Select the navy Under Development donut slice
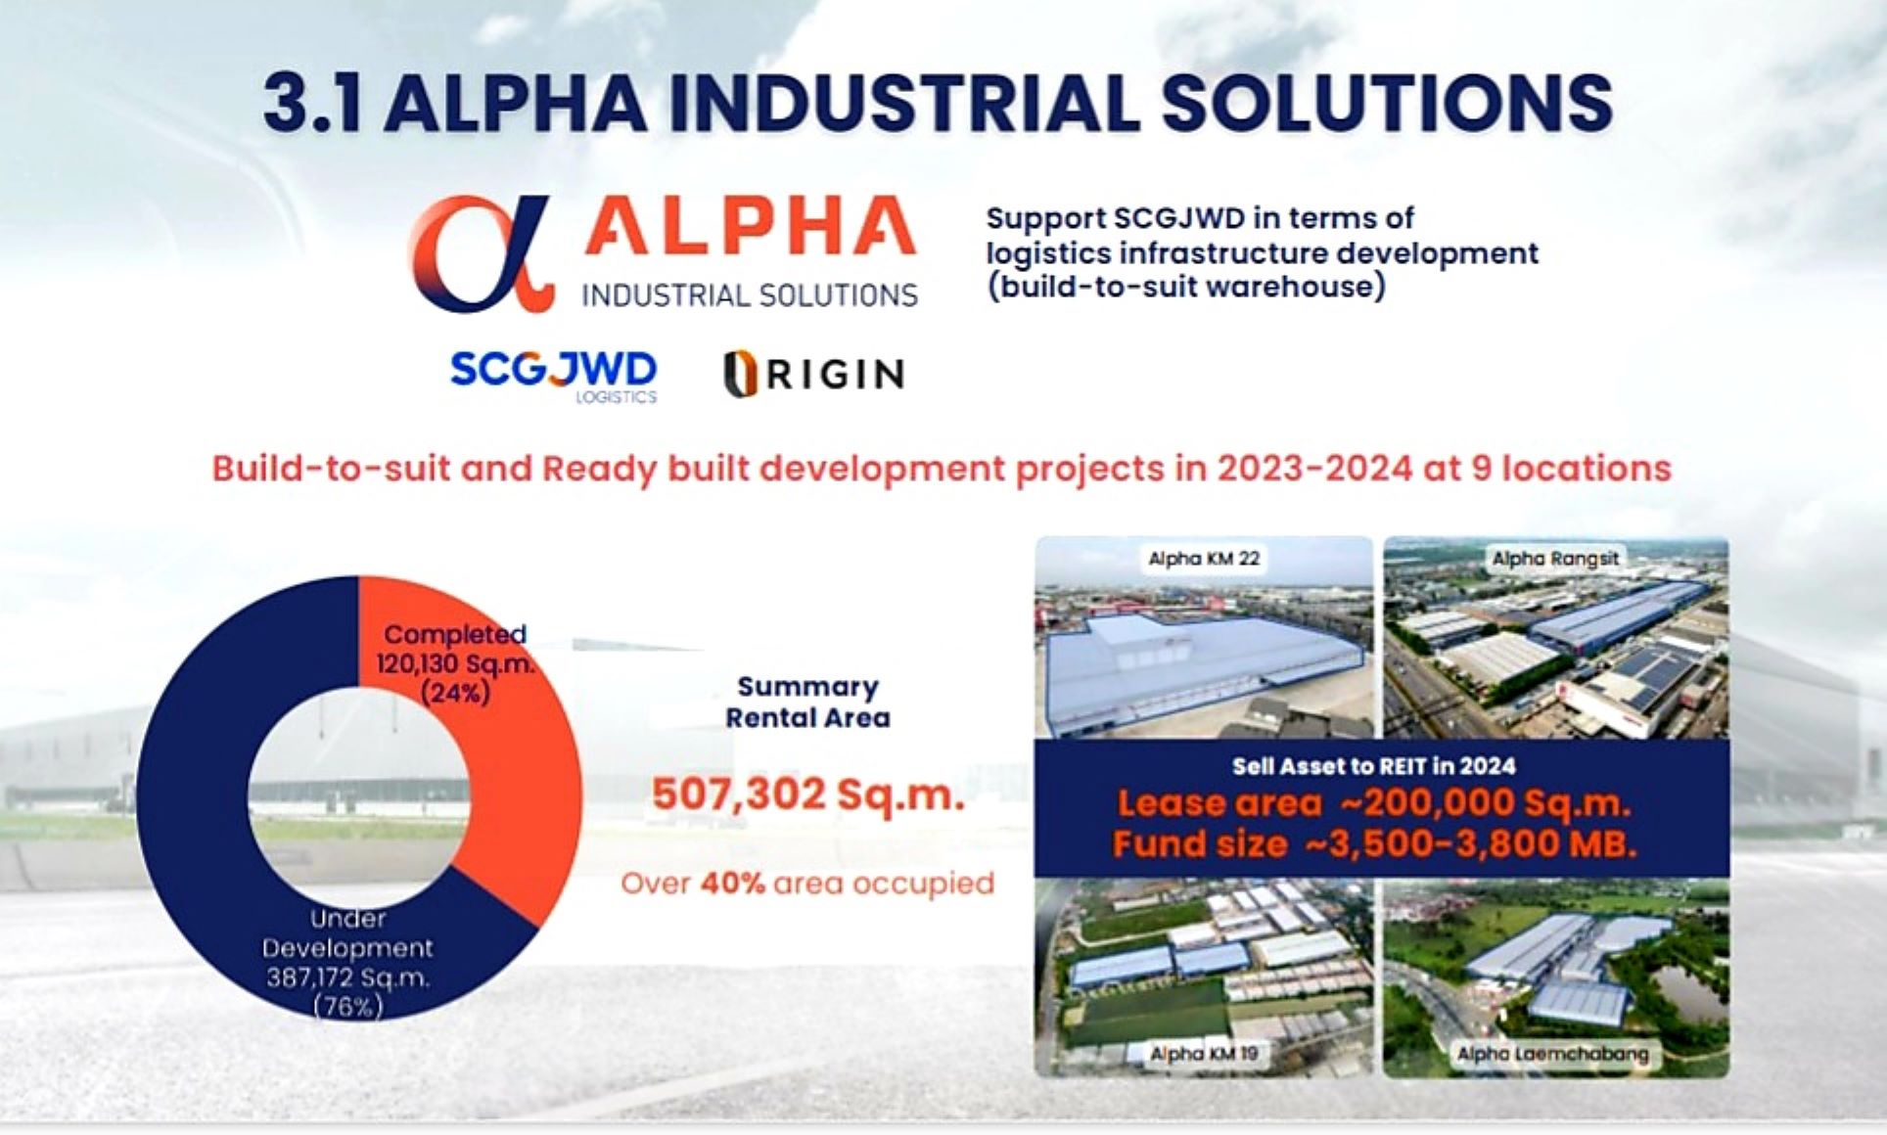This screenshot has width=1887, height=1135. pyautogui.click(x=196, y=802)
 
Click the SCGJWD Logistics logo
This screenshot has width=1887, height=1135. pyautogui.click(x=554, y=376)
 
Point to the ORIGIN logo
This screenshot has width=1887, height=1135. pyautogui.click(x=813, y=374)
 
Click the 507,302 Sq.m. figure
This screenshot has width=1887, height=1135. pyautogui.click(x=808, y=794)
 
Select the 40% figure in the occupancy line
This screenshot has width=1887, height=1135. pyautogui.click(x=732, y=883)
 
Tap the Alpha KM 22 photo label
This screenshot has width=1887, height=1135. pyautogui.click(x=1204, y=559)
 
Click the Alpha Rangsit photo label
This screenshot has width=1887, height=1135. pyautogui.click(x=1555, y=559)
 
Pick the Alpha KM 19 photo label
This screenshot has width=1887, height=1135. pyautogui.click(x=1204, y=1054)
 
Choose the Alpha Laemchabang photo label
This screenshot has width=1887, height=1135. pyautogui.click(x=1552, y=1054)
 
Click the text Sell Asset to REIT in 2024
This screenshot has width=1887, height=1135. pyautogui.click(x=1373, y=766)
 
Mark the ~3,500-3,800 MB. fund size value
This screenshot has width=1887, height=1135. pyautogui.click(x=1471, y=843)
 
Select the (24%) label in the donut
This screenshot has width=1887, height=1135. pyautogui.click(x=455, y=694)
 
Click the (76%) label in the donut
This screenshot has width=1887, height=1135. pyautogui.click(x=347, y=1006)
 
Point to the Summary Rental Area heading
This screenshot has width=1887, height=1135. pyautogui.click(x=807, y=702)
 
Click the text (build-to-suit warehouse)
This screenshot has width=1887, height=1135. pyautogui.click(x=1185, y=287)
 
